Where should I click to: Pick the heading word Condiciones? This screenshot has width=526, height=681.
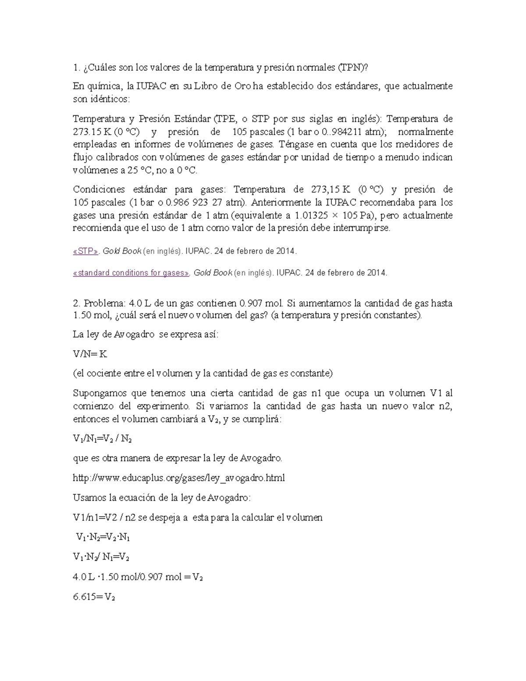(98, 190)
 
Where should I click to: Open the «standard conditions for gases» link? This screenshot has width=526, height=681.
(131, 273)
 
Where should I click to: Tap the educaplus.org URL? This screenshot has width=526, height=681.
(178, 478)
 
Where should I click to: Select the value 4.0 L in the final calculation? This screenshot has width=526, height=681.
(83, 578)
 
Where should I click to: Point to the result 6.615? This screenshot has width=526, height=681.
(84, 597)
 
